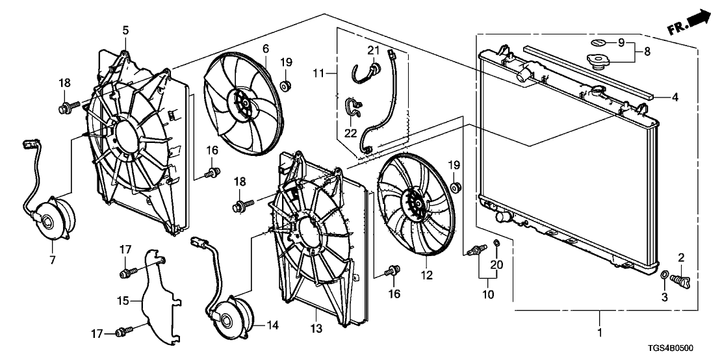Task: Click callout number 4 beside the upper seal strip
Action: click(x=675, y=97)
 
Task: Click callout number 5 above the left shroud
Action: click(x=125, y=29)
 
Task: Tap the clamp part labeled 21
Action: click(x=373, y=67)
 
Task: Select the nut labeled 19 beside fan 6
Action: click(x=285, y=86)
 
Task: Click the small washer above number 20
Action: click(x=496, y=244)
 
